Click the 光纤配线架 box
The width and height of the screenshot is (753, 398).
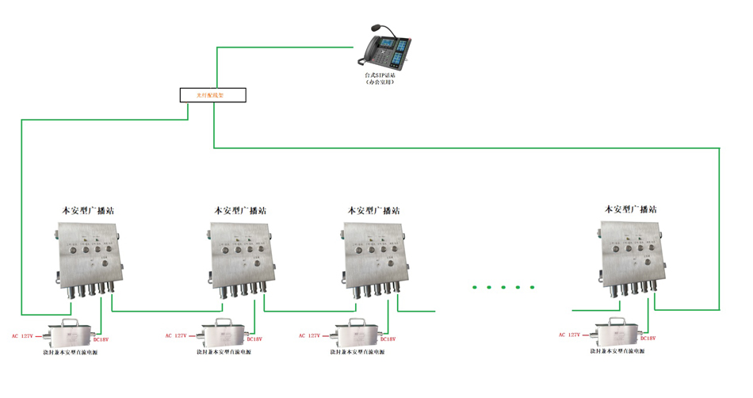tap(211, 96)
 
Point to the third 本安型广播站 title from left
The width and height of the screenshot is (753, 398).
tap(374, 211)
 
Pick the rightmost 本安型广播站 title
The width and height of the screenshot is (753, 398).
tap(631, 210)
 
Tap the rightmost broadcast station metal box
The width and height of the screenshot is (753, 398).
tap(631, 252)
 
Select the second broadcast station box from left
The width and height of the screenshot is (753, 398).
tap(241, 254)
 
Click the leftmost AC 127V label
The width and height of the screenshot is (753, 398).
tap(21, 336)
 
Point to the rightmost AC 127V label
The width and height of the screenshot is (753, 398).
tap(569, 335)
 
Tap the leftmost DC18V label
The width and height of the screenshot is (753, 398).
tap(101, 339)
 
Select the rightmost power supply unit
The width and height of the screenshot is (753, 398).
tap(617, 332)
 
